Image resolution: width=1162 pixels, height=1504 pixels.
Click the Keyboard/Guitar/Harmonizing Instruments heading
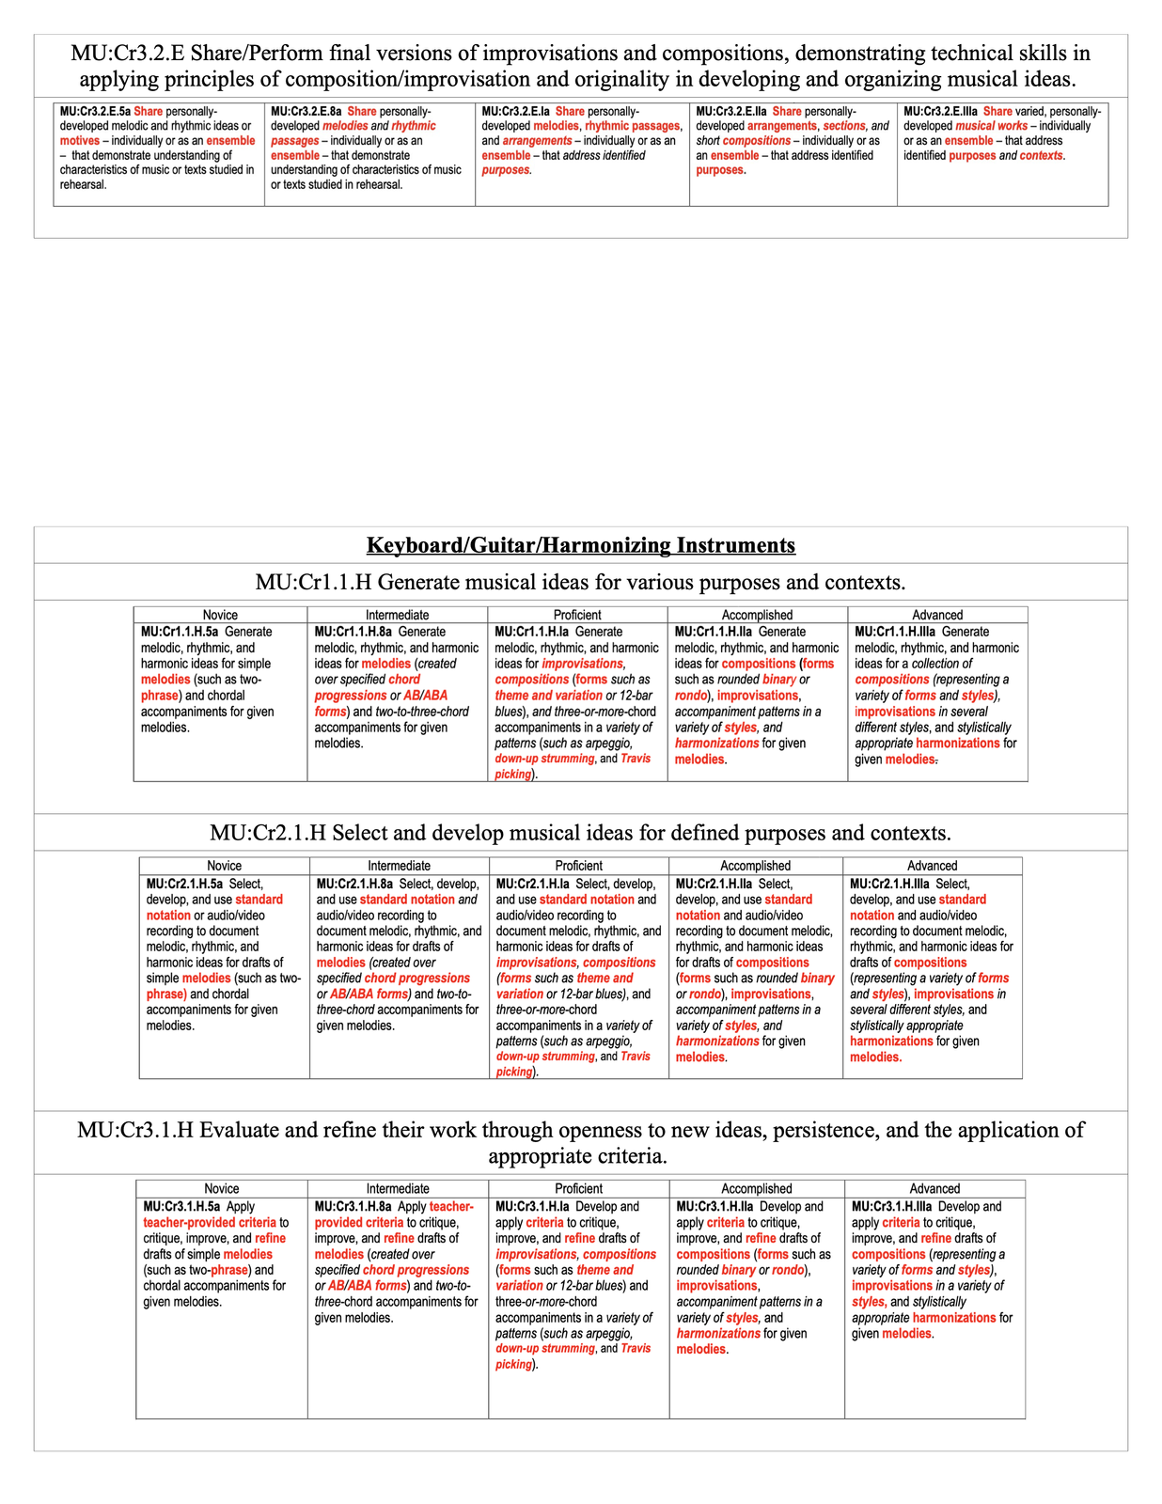pos(580,545)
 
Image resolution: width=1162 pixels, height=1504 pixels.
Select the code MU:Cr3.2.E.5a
pos(95,111)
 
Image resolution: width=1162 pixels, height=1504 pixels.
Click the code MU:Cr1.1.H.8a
pos(353,632)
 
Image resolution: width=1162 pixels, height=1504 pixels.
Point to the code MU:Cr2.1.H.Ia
pos(532,884)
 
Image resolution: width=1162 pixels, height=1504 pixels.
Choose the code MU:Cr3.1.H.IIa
pos(714,1206)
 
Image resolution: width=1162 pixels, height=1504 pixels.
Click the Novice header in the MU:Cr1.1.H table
pos(220,615)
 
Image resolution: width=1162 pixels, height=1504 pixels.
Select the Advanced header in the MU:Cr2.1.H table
pos(932,866)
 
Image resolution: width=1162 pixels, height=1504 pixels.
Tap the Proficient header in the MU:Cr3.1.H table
pos(578,1188)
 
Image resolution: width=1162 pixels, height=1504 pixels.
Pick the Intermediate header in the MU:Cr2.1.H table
pos(399,866)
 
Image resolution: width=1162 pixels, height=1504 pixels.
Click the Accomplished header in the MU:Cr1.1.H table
pos(757,615)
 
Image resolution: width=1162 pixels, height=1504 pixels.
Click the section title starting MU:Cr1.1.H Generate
pos(580,582)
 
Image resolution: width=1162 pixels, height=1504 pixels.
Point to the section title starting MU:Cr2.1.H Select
pos(580,833)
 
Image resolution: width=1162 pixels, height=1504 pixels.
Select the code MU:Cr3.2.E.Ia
pos(515,111)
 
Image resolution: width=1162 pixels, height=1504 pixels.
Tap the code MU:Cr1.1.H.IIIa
pos(894,632)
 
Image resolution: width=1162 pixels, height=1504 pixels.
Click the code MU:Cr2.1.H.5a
pos(184,884)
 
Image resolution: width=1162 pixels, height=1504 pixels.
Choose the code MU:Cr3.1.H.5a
pos(181,1206)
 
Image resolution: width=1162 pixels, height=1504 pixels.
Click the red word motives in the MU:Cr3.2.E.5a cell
pos(79,141)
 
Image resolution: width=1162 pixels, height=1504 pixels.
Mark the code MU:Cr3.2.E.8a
pos(306,111)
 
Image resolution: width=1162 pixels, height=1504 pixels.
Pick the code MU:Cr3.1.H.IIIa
pos(891,1206)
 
